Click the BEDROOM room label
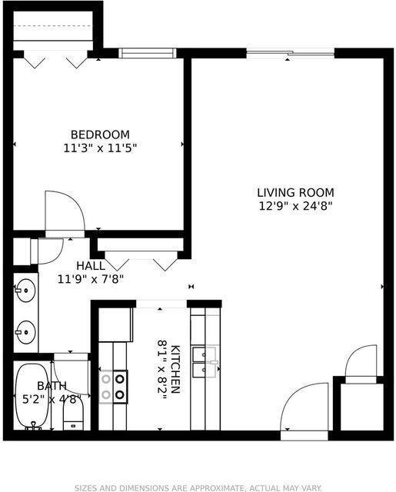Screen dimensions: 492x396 point(100,134)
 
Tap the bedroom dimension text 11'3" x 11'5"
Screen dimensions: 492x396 point(100,147)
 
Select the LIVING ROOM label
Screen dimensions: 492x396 point(296,192)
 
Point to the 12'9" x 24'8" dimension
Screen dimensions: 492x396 point(296,205)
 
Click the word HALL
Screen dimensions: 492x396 point(91,266)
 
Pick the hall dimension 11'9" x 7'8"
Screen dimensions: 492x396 point(91,279)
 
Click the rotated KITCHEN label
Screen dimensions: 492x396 point(175,369)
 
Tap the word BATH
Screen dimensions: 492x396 point(52,386)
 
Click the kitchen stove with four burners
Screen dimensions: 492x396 point(113,386)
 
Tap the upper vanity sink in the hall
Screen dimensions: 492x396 point(25,291)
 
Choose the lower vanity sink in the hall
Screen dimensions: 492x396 point(25,332)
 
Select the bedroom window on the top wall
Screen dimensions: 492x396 point(147,53)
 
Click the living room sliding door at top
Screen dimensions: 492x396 point(290,53)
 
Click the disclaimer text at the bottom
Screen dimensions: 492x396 point(198,487)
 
